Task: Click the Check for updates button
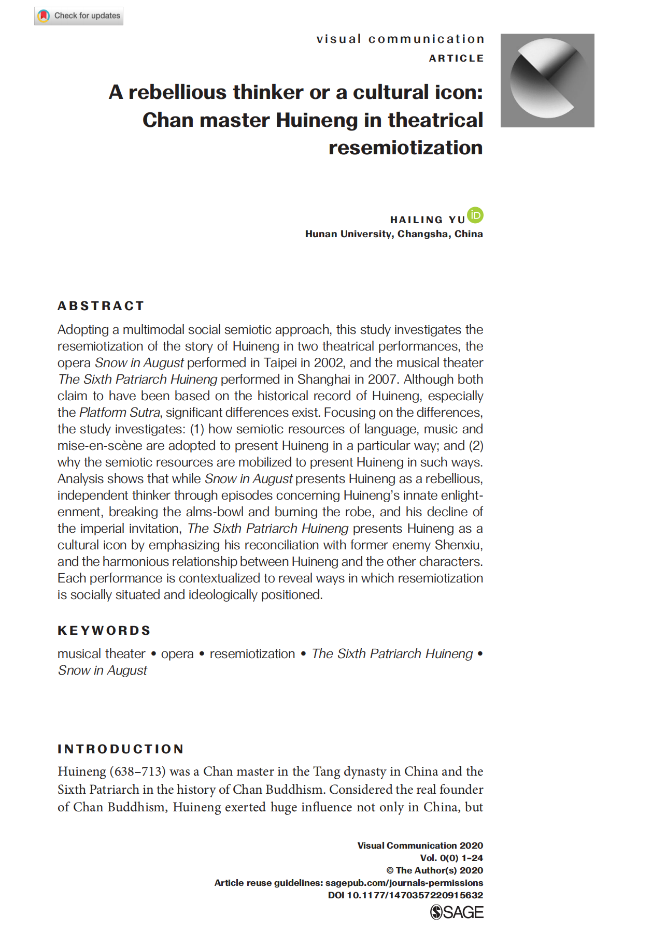click(79, 16)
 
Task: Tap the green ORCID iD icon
click(475, 215)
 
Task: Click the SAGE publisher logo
click(457, 912)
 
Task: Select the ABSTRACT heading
click(101, 306)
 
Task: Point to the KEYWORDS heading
click(104, 631)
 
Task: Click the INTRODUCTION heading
click(121, 749)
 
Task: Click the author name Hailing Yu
click(428, 220)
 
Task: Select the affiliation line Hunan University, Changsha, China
click(394, 234)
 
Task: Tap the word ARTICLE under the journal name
click(456, 59)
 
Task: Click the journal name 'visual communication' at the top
click(400, 39)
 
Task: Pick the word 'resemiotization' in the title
click(405, 148)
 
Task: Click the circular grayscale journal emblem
click(547, 80)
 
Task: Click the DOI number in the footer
click(415, 895)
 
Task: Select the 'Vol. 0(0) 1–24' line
click(451, 858)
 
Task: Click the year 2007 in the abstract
click(383, 380)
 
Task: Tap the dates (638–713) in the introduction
click(137, 771)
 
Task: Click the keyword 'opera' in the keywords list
click(177, 654)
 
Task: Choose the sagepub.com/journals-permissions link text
click(404, 883)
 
